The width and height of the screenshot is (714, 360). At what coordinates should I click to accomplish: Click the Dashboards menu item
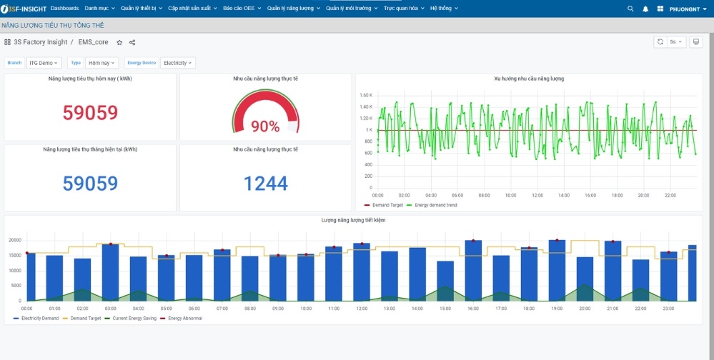65,8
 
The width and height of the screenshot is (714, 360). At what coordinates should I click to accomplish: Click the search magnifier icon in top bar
630,9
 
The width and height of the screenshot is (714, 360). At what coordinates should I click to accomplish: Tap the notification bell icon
645,9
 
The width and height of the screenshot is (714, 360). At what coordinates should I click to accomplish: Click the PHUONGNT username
684,9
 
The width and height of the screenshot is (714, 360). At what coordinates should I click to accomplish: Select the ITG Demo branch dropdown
44,63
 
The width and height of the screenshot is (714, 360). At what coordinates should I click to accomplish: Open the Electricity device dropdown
177,63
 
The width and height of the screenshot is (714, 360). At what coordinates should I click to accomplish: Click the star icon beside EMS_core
119,42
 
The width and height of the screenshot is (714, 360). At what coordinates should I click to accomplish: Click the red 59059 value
90,113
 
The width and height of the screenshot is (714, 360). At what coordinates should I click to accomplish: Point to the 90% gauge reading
265,126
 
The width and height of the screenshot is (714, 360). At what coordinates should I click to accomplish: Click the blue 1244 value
265,184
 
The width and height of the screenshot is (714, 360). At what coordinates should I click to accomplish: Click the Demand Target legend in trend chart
387,205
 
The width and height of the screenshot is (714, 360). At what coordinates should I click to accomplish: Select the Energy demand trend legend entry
433,205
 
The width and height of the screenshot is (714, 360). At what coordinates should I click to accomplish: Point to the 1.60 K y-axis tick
365,95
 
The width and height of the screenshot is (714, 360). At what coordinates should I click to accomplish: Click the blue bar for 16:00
473,271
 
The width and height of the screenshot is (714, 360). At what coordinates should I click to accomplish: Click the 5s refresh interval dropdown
676,42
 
